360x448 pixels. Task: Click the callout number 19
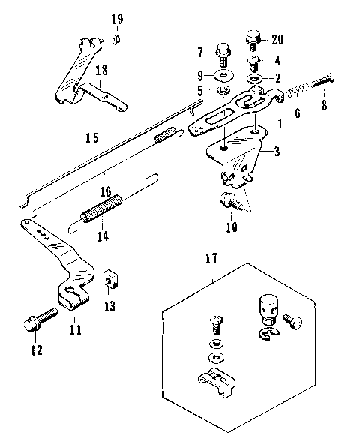pos(117,18)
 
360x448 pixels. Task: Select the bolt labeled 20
pos(253,36)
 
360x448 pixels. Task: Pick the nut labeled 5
pos(223,90)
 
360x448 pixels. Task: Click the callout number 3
pos(277,152)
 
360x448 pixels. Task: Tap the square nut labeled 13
pos(109,280)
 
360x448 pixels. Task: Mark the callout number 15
pos(91,138)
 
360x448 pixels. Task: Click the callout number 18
pos(100,70)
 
